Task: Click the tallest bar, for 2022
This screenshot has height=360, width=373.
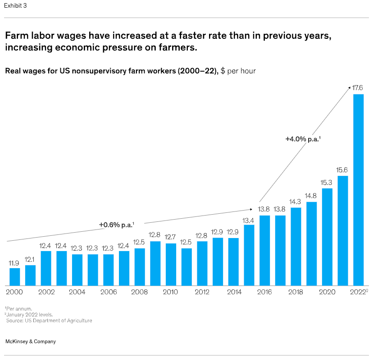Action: pos(358,189)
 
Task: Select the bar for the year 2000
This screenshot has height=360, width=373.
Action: pos(15,277)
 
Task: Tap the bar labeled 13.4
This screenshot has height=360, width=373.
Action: pos(249,255)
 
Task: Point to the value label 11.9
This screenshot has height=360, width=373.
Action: pos(15,263)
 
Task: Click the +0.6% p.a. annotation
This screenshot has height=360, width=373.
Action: pos(117,225)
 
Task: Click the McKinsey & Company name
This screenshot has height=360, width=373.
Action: pos(30,342)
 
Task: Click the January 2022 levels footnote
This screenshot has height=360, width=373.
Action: pos(30,315)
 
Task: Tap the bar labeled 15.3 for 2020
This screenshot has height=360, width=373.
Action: pos(328,237)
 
